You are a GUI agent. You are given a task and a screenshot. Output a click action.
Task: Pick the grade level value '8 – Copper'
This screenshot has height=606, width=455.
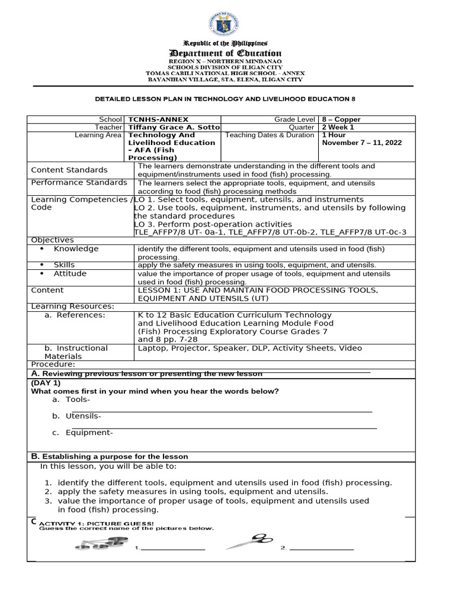click(x=341, y=120)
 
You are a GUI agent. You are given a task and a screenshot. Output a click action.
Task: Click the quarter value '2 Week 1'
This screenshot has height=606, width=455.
click(x=338, y=127)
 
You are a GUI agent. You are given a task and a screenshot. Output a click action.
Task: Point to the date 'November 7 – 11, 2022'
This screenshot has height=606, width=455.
click(x=359, y=143)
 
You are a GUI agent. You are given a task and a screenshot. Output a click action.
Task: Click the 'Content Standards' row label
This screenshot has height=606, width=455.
click(x=69, y=170)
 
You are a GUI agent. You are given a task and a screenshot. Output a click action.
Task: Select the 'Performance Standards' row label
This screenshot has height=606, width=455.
click(x=79, y=182)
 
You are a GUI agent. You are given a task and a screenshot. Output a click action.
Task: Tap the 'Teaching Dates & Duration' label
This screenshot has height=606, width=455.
click(x=270, y=135)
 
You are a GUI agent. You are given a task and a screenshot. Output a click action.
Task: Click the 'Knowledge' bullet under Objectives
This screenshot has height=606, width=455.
click(x=76, y=249)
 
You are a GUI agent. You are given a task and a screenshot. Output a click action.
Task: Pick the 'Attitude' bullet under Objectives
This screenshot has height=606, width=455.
click(x=70, y=274)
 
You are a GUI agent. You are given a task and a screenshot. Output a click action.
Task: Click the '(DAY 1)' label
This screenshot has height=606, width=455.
click(x=46, y=383)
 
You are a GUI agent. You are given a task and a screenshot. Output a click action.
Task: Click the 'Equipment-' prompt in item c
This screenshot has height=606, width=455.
click(x=89, y=433)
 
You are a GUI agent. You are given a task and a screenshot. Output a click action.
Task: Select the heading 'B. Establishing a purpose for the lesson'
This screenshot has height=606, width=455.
click(x=109, y=456)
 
